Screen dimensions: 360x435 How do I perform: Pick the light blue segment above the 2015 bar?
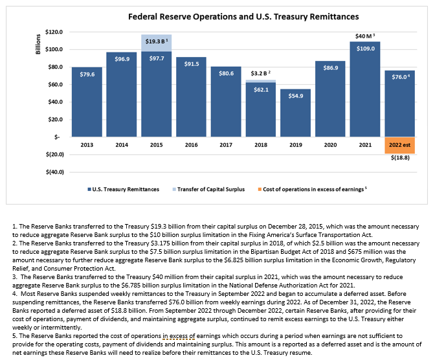click(x=156, y=43)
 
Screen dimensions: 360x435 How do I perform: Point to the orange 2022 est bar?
click(x=399, y=145)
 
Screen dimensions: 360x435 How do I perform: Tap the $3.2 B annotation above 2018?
click(x=260, y=74)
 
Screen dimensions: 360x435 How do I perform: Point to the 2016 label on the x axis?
click(x=191, y=144)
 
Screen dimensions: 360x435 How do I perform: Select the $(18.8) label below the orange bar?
click(x=400, y=160)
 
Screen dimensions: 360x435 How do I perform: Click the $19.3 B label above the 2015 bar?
click(x=157, y=40)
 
